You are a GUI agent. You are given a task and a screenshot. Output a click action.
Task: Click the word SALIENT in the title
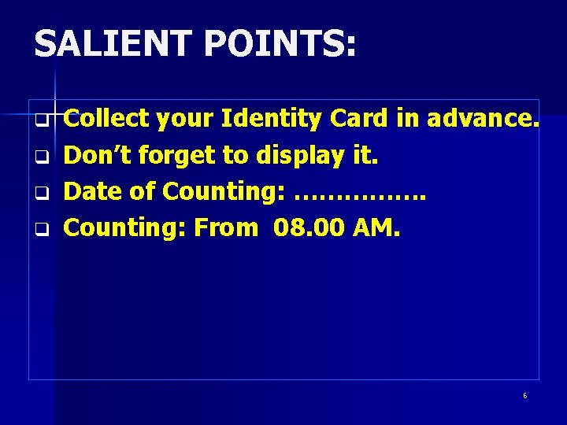(x=112, y=44)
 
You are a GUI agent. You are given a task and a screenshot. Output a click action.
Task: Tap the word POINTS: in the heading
(x=280, y=44)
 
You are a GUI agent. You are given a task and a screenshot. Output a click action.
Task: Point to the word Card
(x=358, y=119)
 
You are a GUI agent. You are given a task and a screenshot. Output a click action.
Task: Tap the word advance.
(x=483, y=119)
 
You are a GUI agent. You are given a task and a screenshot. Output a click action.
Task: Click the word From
(x=225, y=227)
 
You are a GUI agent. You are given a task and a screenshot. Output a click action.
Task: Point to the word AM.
(x=377, y=227)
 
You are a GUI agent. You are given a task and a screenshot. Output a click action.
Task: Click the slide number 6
(x=525, y=395)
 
